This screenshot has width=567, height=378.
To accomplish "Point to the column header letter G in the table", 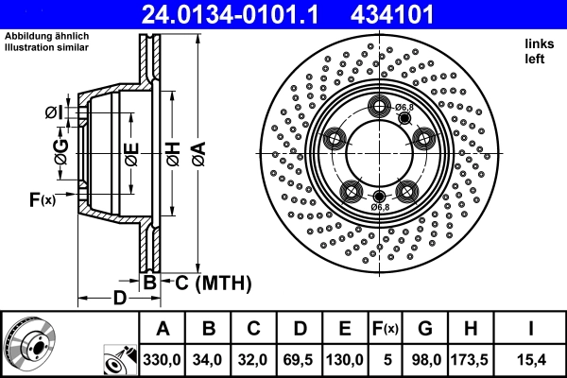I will pos(425,329).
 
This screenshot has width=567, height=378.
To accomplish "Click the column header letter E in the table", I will pos(346,329).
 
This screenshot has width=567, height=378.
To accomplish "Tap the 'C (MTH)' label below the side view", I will pos(206,282).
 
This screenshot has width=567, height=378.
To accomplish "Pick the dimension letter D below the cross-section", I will pos(118,299).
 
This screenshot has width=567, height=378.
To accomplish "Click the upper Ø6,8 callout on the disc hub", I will pos(404,108).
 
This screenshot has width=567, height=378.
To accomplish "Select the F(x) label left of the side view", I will pos(43,199).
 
